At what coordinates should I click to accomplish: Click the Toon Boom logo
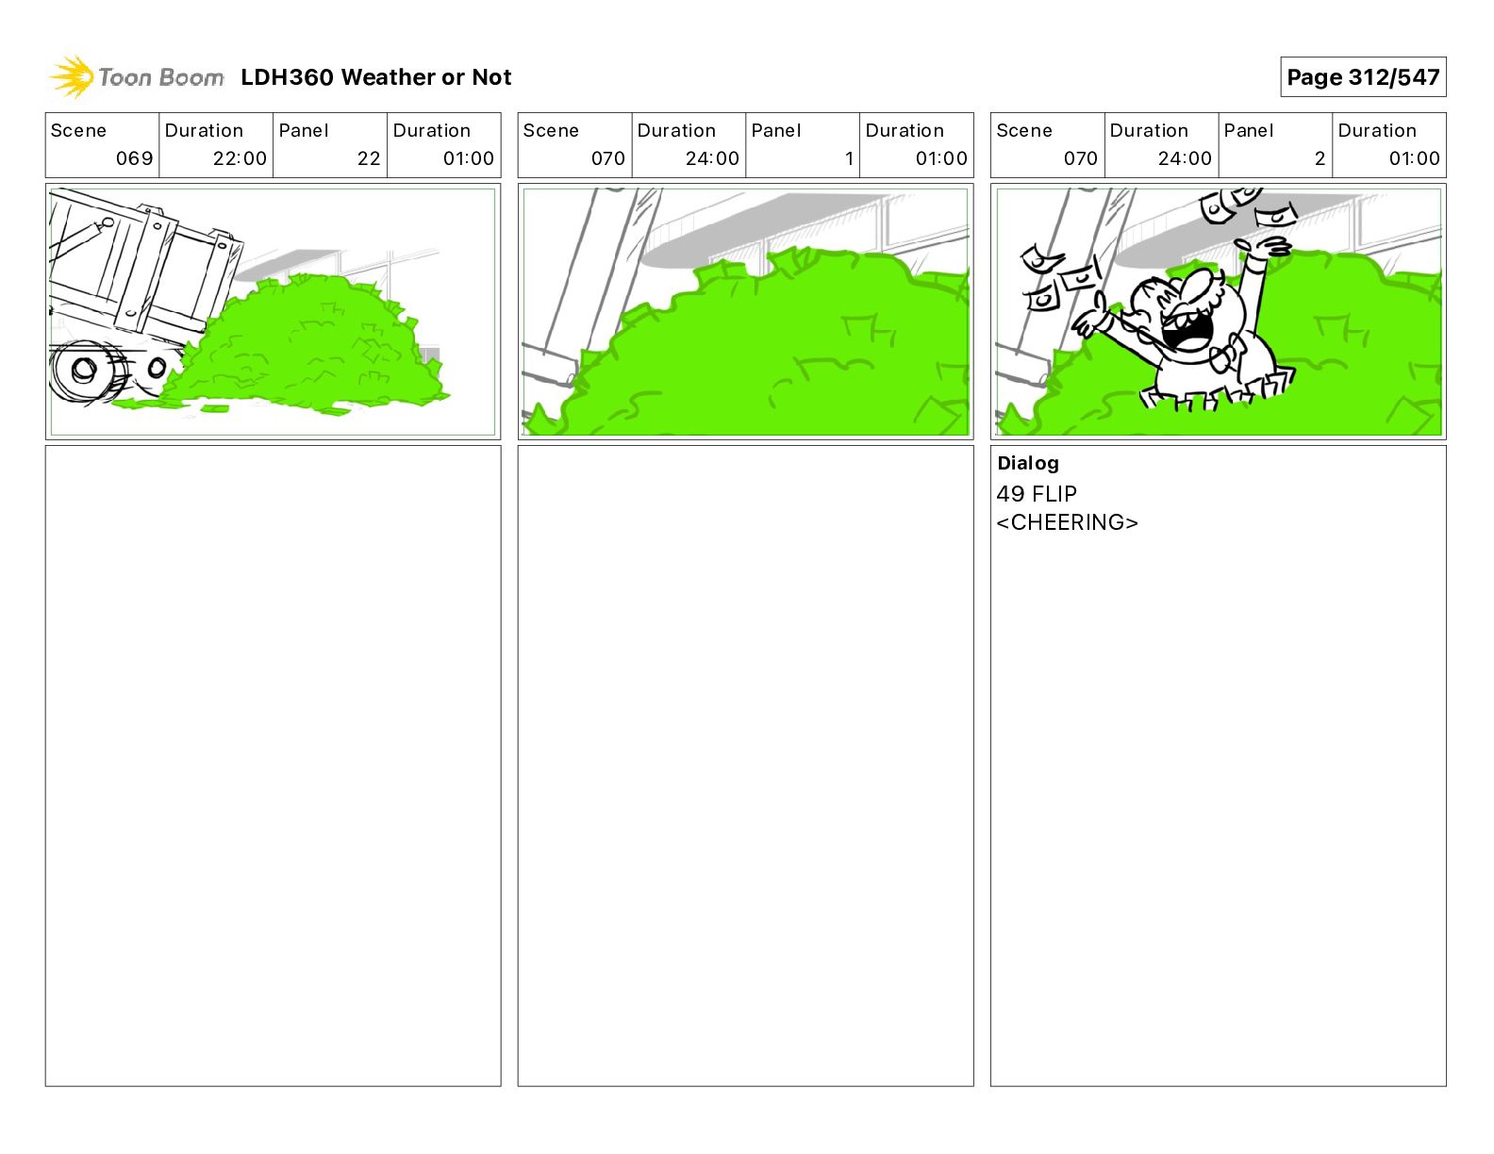point(137,77)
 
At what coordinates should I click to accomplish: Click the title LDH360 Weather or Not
point(376,77)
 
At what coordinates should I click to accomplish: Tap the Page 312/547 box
point(1363,77)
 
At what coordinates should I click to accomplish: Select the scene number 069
point(134,158)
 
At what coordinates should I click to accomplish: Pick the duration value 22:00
point(240,158)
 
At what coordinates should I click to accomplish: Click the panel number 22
point(369,158)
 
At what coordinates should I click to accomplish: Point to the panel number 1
point(849,158)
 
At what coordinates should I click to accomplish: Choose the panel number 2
point(1320,158)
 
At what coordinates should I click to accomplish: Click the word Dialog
point(1028,463)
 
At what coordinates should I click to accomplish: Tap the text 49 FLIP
point(1037,493)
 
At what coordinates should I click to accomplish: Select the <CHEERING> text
point(1067,522)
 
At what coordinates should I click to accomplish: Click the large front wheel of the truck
point(85,371)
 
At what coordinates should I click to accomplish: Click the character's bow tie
point(1226,354)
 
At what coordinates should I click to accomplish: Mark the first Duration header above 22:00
point(204,131)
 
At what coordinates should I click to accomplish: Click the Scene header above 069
point(78,131)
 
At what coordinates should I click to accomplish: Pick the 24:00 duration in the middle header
point(712,158)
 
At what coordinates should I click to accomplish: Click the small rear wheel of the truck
point(157,369)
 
